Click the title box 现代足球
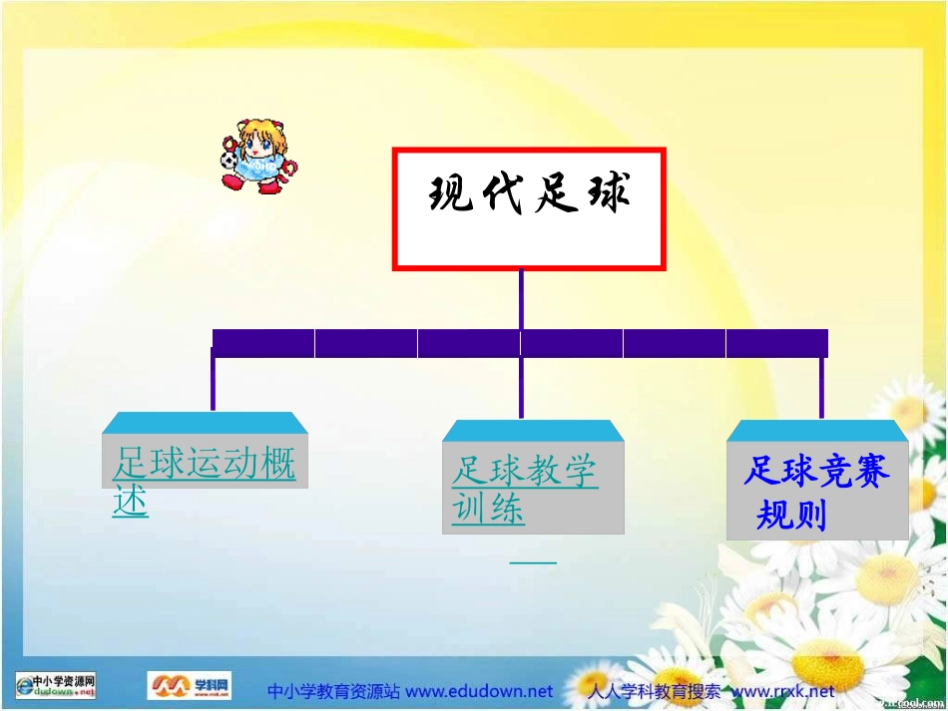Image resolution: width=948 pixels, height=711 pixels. pos(528,209)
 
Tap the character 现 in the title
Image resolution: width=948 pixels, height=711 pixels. pos(451,193)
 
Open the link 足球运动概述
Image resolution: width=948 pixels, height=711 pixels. pos(204,465)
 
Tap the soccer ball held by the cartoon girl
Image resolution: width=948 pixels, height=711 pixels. pos(230,159)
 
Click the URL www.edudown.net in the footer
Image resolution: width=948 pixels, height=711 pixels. pos(478,691)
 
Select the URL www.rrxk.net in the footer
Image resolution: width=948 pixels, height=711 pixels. pos(783,691)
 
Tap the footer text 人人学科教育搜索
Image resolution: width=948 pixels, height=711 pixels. pos(654,691)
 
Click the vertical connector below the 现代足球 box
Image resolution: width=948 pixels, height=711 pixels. pos(521,298)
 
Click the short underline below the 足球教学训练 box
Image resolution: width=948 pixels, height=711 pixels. pos(533,562)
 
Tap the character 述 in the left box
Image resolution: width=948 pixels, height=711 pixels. pos(131,501)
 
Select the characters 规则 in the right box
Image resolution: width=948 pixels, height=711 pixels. pos(791,516)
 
